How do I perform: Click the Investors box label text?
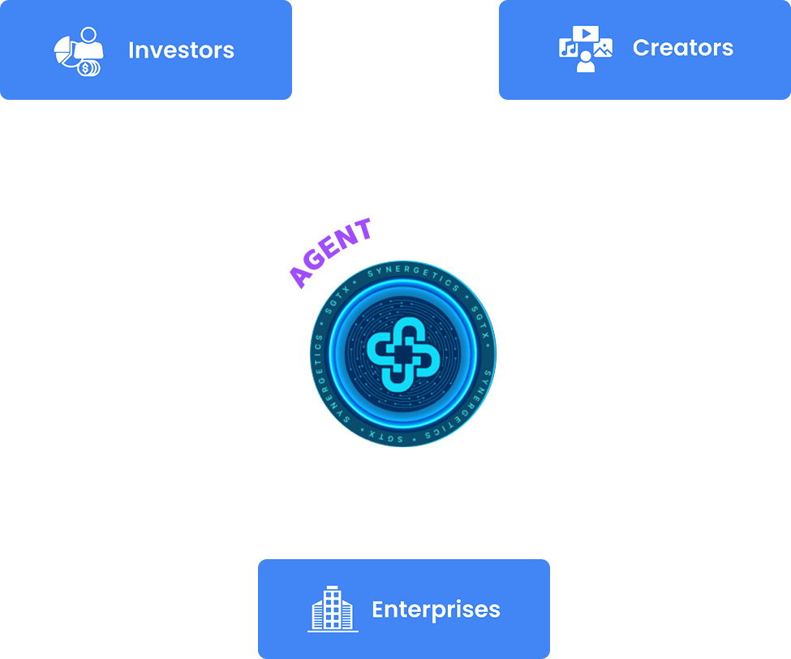click(x=181, y=50)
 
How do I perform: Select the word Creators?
click(x=682, y=48)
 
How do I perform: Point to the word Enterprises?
click(x=436, y=609)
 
